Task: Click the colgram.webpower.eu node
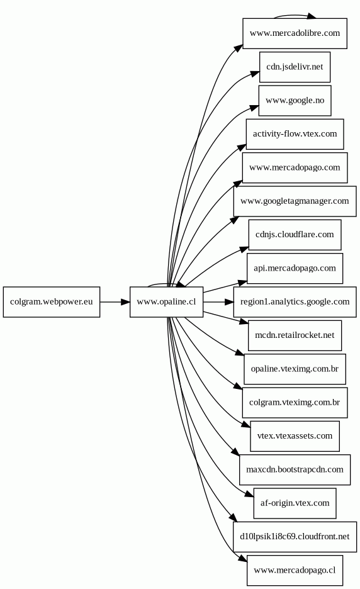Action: coord(52,302)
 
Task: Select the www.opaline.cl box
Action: coord(167,302)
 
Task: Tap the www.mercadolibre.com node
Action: coord(295,33)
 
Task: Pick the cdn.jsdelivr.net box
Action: coord(295,67)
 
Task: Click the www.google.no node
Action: coord(295,101)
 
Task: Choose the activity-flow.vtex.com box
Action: coord(295,134)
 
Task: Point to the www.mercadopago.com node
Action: coord(295,167)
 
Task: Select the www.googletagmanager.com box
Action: coord(295,201)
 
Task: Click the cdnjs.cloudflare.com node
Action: coord(295,235)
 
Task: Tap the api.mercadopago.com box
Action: coord(295,268)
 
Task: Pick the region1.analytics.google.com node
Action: coord(295,302)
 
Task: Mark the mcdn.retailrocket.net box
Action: coord(295,335)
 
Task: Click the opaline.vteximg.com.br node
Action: coord(295,369)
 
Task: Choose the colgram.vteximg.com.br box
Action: coord(295,403)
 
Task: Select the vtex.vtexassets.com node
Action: coord(295,436)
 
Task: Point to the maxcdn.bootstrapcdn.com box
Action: coord(295,469)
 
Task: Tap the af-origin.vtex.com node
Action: coord(295,503)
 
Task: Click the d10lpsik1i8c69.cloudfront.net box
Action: coord(295,537)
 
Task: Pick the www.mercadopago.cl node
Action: coord(295,570)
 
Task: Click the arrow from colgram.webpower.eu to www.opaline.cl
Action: coord(115,302)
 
